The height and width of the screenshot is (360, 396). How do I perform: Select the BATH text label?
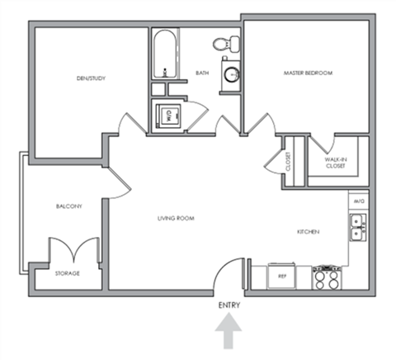pyautogui.click(x=202, y=73)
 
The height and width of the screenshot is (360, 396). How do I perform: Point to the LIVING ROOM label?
pyautogui.click(x=176, y=219)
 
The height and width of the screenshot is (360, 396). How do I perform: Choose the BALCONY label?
pyautogui.click(x=68, y=206)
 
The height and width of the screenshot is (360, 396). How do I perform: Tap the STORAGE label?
pyautogui.click(x=67, y=273)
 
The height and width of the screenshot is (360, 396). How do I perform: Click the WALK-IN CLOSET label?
pyautogui.click(x=333, y=162)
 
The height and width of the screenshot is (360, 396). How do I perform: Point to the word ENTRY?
pyautogui.click(x=230, y=306)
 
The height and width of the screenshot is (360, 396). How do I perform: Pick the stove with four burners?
pyautogui.click(x=326, y=277)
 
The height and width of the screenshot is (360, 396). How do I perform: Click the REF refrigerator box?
pyautogui.click(x=281, y=277)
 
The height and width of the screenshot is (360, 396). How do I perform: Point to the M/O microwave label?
pyautogui.click(x=359, y=201)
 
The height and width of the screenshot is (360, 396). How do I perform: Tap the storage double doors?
pyautogui.click(x=64, y=249)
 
